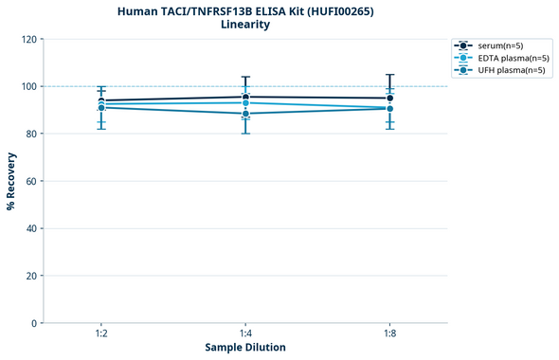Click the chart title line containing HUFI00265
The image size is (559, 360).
tap(244, 10)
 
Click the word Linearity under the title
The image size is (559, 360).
tap(244, 25)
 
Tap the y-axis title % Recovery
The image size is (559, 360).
tap(11, 181)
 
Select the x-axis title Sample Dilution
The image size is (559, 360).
tap(245, 348)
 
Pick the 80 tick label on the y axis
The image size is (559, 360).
tap(30, 134)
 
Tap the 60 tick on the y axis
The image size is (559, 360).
tap(30, 181)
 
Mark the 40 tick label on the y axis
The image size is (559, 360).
tap(30, 228)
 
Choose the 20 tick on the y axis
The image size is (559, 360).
tap(30, 276)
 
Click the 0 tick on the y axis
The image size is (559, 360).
tap(33, 323)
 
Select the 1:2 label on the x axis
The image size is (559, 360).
tap(101, 334)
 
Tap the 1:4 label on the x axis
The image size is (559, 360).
tap(245, 334)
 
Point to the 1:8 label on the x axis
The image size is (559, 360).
tap(389, 334)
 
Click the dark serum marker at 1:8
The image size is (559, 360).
tap(389, 98)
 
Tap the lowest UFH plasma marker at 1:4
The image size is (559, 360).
tap(245, 114)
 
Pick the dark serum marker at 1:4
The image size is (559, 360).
tap(245, 97)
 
